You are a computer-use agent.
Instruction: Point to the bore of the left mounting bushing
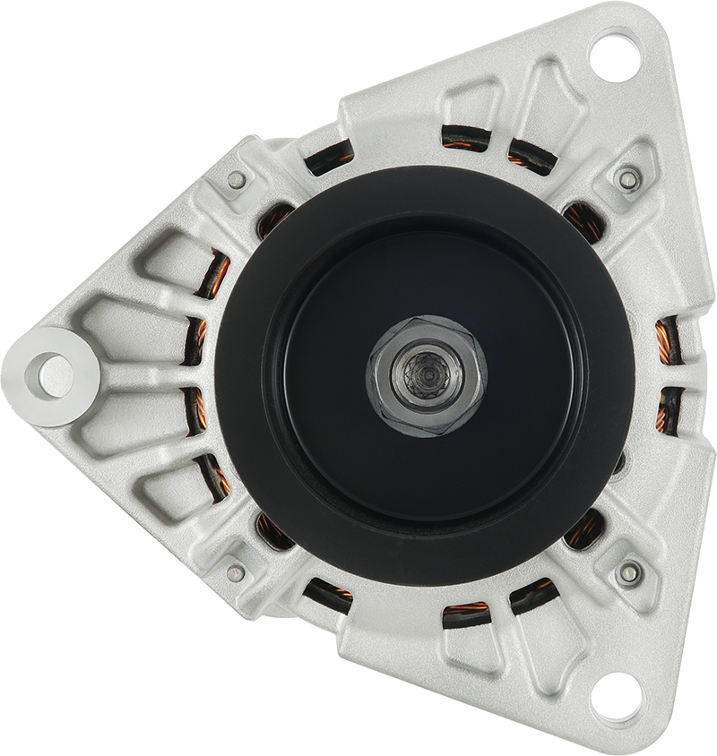(x=55, y=375)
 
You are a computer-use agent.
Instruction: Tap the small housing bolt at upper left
(x=237, y=179)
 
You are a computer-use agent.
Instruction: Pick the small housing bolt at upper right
(x=629, y=178)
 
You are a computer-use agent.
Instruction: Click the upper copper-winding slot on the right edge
(x=669, y=340)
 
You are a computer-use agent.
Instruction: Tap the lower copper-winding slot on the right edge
(x=669, y=413)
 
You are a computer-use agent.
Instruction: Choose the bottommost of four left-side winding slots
(x=214, y=475)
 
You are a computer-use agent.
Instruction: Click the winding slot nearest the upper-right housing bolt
(x=584, y=220)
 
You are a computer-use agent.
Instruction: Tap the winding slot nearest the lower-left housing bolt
(x=273, y=531)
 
